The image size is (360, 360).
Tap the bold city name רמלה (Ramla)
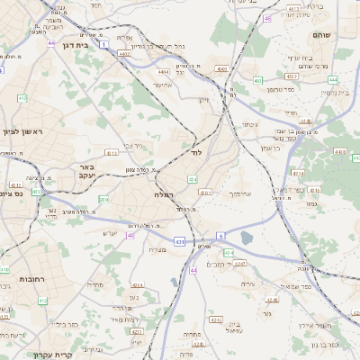(x=163, y=193)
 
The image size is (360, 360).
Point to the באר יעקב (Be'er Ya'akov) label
(x=86, y=172)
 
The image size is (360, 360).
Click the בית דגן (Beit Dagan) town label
(x=78, y=44)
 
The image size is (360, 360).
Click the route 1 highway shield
(x=104, y=43)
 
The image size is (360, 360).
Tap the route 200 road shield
(x=103, y=200)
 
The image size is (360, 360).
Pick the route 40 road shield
(x=130, y=236)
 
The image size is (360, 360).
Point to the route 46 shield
(x=266, y=17)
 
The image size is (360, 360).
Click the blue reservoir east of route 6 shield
(x=247, y=238)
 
